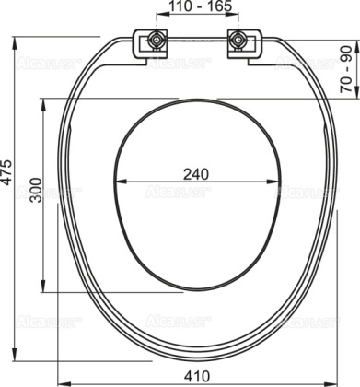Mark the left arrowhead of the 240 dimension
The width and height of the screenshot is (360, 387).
pyautogui.click(x=122, y=191)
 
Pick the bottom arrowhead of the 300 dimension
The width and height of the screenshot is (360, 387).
pyautogui.click(x=43, y=289)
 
